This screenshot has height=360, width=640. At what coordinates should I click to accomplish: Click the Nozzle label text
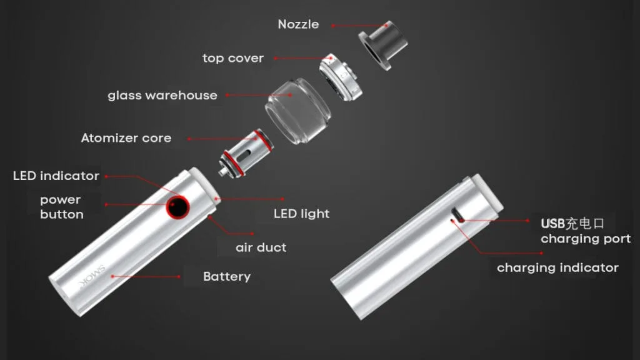coord(298,24)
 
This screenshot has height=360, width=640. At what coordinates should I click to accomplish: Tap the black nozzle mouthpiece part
coord(383,45)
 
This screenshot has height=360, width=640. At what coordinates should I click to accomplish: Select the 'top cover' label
coord(233,58)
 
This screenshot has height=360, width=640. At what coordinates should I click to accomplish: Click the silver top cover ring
coord(341,77)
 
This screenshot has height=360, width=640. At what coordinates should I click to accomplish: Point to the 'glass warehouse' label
coord(162,96)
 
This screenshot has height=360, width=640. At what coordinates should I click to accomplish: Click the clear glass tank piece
coord(298,111)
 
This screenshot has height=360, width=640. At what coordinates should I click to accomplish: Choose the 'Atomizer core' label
coord(126,138)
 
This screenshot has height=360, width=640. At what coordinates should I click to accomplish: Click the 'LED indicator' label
coord(56,176)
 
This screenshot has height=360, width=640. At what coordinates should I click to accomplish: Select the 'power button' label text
coord(62,207)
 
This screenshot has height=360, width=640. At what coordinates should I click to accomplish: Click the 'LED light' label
coord(302,214)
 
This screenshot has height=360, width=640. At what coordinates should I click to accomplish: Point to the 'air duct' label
coord(261,247)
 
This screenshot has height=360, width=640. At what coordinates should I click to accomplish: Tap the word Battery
coord(227,277)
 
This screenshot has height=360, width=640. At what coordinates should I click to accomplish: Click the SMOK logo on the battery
coord(92,277)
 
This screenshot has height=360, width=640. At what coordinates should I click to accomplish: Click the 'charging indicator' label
coord(558,267)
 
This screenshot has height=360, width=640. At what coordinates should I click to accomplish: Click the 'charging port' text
coord(586,239)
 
